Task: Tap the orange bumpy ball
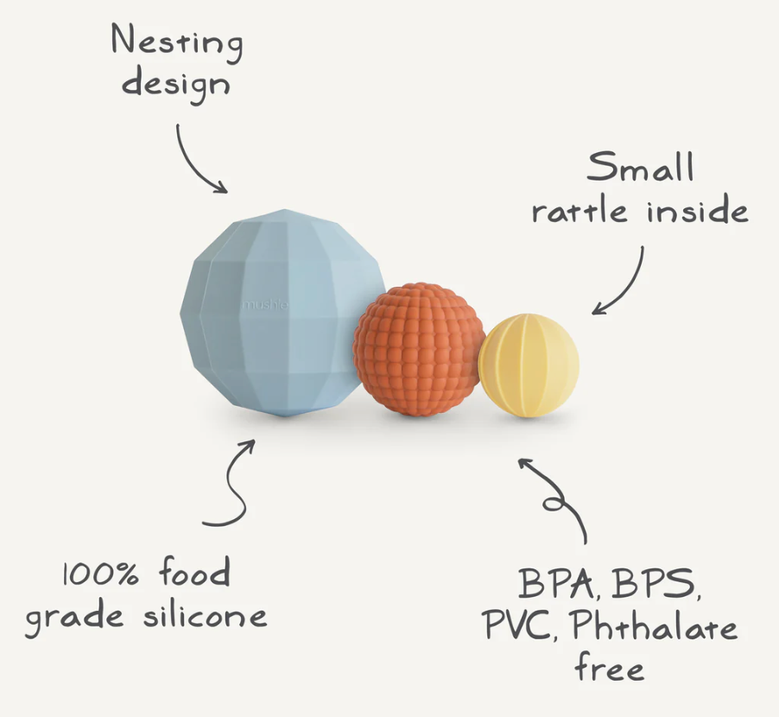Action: (419, 348)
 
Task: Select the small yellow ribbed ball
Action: (529, 365)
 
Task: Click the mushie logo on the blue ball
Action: (265, 304)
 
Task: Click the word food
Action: (194, 574)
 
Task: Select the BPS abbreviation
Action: (655, 585)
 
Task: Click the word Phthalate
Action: (655, 626)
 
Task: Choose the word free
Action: (610, 667)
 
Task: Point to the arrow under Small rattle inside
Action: (622, 281)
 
